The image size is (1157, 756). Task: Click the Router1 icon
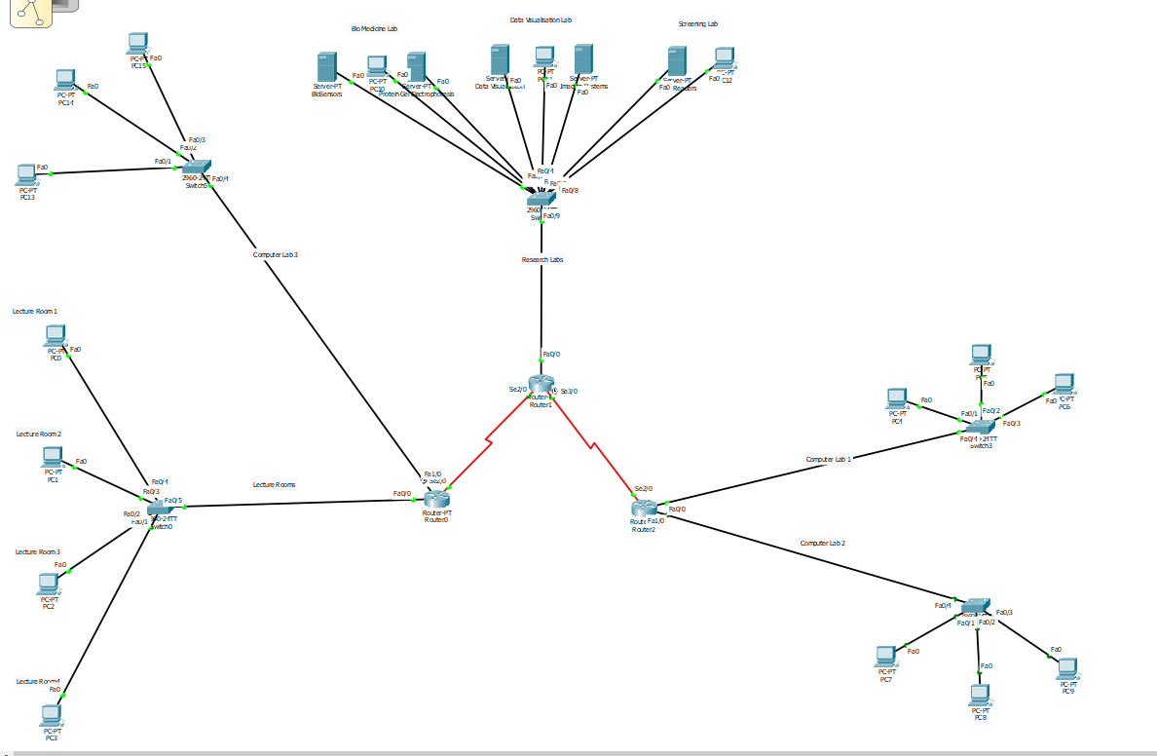click(x=541, y=384)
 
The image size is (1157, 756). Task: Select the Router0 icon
click(x=435, y=500)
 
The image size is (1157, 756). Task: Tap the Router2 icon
click(x=644, y=508)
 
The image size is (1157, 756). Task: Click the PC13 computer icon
click(x=27, y=175)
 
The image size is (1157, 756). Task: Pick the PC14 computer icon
click(x=65, y=80)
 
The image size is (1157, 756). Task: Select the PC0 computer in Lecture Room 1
click(x=56, y=336)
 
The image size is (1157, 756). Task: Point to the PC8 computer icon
click(x=980, y=695)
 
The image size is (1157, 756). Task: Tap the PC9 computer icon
click(x=1068, y=667)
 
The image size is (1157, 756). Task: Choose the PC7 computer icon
click(x=885, y=656)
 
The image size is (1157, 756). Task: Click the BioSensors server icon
click(x=326, y=68)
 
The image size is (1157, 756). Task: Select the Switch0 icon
click(x=161, y=508)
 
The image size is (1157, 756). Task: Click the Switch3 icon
click(x=982, y=426)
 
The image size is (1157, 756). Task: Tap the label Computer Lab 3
click(x=276, y=255)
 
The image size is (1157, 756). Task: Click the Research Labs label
click(x=542, y=260)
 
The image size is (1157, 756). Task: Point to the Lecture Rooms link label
click(x=274, y=484)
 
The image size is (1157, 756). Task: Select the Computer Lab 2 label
click(x=823, y=543)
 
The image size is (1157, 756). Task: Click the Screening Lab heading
click(x=697, y=23)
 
